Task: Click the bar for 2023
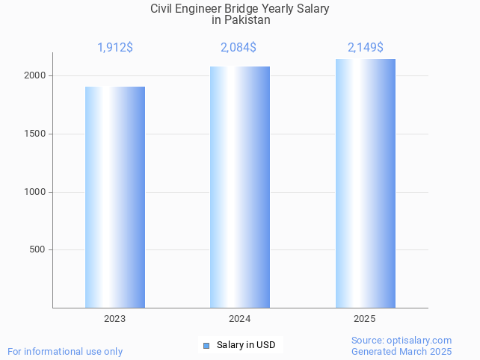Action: pos(114,197)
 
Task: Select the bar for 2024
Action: pos(239,187)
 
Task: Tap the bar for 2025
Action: pos(365,183)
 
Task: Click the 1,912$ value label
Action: pos(115,48)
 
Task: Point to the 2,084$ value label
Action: pos(239,48)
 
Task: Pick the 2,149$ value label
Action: pos(366,48)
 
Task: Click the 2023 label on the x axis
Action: pos(114,319)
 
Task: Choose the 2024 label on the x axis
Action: pos(239,319)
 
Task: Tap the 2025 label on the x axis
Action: pos(365,319)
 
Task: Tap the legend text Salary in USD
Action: pos(246,345)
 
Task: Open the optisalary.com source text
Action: pos(401,341)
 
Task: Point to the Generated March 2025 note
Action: pos(401,352)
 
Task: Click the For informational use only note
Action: pos(65,352)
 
